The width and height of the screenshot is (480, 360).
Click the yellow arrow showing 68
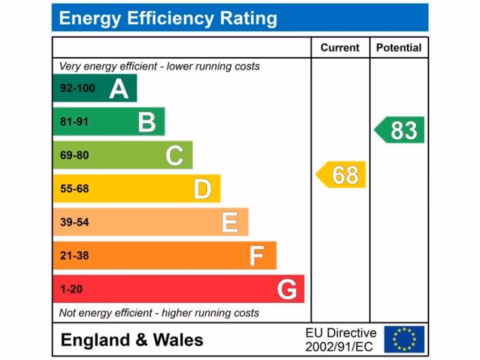tap(342, 174)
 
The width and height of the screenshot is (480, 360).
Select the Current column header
tap(340, 47)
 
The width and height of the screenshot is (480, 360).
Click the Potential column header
tap(398, 47)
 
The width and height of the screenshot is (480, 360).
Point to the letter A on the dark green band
tap(119, 89)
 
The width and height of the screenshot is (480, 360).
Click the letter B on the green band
tap(147, 122)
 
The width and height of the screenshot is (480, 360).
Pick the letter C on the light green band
tap(174, 156)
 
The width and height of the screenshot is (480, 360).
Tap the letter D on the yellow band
tap(202, 189)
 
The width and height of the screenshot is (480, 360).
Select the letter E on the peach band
tap(230, 222)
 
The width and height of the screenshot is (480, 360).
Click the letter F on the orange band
tap(256, 256)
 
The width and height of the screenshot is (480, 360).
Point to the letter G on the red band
tap(287, 289)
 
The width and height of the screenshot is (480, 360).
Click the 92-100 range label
tap(77, 88)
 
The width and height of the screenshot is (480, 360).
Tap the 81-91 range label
tap(74, 122)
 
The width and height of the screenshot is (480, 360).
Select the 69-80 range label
tap(74, 155)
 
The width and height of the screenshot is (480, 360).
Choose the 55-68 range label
tap(74, 189)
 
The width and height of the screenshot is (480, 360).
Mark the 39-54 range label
tap(74, 222)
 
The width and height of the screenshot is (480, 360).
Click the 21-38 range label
tap(74, 256)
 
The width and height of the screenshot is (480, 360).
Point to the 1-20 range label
tap(71, 289)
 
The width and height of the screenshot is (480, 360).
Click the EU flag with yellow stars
tap(404, 339)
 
